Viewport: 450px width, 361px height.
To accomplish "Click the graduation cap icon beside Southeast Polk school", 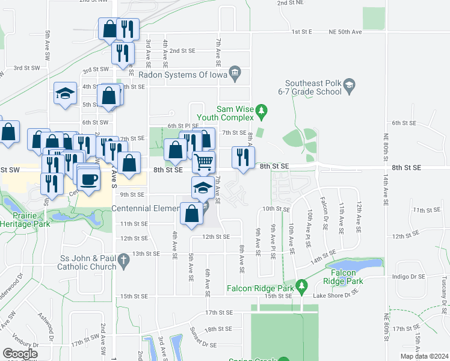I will tap(349, 88).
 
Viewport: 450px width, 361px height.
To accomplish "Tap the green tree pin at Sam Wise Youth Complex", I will tap(261, 111).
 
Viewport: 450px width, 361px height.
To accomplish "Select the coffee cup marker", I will tap(88, 179).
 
